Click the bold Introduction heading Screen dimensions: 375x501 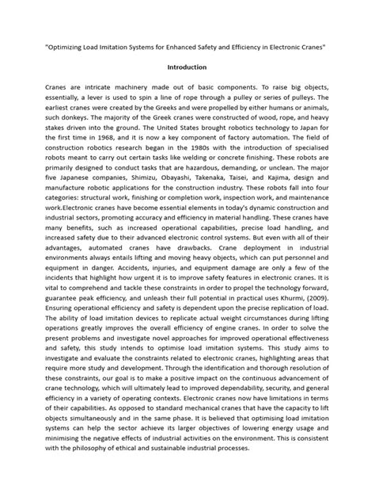point(187,67)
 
